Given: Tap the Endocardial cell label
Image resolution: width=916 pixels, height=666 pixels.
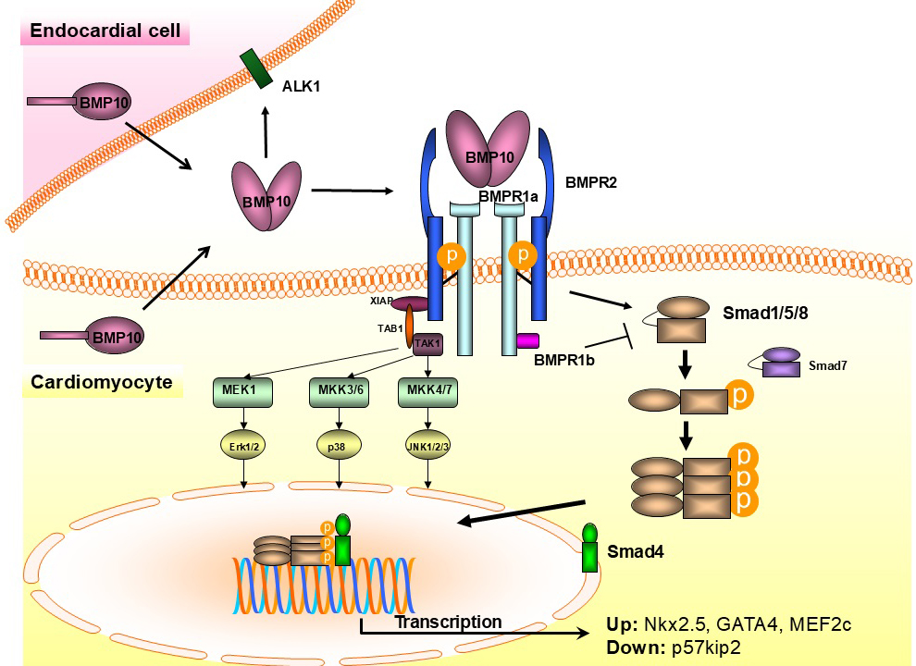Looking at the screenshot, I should [105, 31].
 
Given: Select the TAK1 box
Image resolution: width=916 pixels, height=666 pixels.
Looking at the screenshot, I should [427, 342].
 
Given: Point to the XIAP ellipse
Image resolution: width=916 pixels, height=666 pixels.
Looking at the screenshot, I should [411, 303].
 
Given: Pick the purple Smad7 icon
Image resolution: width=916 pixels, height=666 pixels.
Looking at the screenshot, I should [781, 362].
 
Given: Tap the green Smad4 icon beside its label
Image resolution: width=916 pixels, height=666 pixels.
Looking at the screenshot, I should [589, 549].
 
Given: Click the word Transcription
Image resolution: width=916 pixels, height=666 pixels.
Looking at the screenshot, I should [448, 622].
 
